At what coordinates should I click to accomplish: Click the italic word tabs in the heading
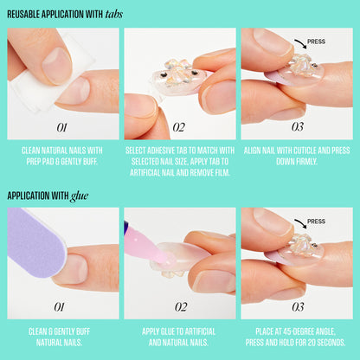[x=114, y=14]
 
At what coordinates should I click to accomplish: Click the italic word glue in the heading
[x=80, y=196]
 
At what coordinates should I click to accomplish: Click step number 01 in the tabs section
[x=61, y=127]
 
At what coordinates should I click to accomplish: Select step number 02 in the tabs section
[x=179, y=127]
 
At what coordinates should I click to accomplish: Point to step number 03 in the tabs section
[x=298, y=127]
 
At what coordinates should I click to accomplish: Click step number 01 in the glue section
[x=60, y=307]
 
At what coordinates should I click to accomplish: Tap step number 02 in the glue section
[x=181, y=307]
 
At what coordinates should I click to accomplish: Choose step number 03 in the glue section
[x=298, y=307]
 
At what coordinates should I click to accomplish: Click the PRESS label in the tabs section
[x=316, y=42]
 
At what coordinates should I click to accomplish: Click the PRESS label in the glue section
[x=316, y=222]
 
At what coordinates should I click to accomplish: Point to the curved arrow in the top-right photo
[x=300, y=43]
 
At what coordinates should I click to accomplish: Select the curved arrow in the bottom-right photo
[x=300, y=223]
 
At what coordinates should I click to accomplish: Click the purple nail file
[x=35, y=242]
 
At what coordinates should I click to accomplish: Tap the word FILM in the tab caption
[x=222, y=173]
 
